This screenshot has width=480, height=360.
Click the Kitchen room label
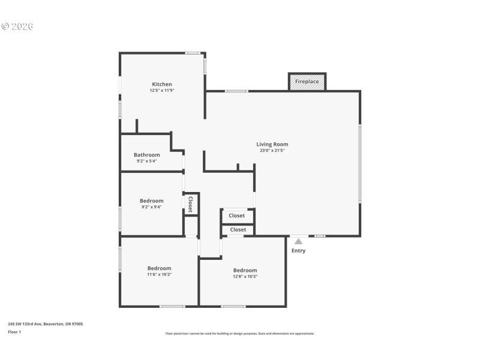point(162,84)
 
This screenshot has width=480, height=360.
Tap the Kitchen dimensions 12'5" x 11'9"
point(162,91)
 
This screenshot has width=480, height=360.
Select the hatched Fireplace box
point(307,82)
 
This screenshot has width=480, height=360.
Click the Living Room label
point(272,144)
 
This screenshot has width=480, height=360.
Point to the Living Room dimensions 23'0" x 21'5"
point(272,151)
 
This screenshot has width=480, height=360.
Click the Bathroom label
point(147,155)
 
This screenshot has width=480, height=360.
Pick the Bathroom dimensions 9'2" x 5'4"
point(147,161)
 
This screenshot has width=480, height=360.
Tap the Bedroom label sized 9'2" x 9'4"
point(151,201)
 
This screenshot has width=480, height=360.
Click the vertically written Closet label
point(191,204)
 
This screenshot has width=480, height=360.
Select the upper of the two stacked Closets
point(237,215)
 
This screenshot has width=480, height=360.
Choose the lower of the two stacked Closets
point(238,230)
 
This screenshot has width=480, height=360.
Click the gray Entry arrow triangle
point(298,241)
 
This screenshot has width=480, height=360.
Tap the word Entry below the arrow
point(298,251)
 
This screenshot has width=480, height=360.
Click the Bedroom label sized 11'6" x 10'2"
point(160,268)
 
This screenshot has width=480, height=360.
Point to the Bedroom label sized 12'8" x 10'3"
point(245,270)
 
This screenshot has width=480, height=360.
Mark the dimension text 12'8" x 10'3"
point(245,277)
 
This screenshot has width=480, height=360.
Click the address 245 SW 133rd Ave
point(46,324)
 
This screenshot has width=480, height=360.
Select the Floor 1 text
point(14,332)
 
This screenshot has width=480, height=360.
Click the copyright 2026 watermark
point(17,26)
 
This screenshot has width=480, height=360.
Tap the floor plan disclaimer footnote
point(239,334)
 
